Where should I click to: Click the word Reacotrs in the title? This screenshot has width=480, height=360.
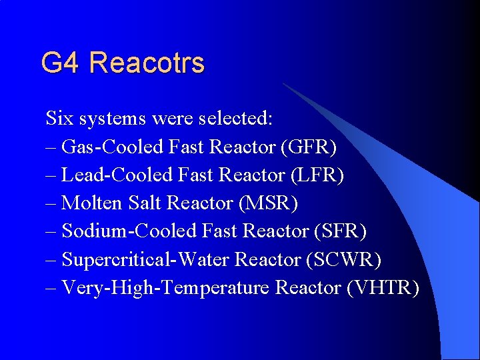click(x=146, y=63)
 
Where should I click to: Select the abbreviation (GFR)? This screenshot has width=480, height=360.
click(x=309, y=147)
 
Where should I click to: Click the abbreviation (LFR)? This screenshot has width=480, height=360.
click(x=317, y=175)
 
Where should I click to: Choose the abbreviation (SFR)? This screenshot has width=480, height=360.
click(x=339, y=231)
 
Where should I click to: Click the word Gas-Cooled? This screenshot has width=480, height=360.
click(x=109, y=147)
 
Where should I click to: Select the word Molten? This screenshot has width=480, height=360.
click(x=89, y=203)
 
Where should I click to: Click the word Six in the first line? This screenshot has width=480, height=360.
click(x=59, y=119)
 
